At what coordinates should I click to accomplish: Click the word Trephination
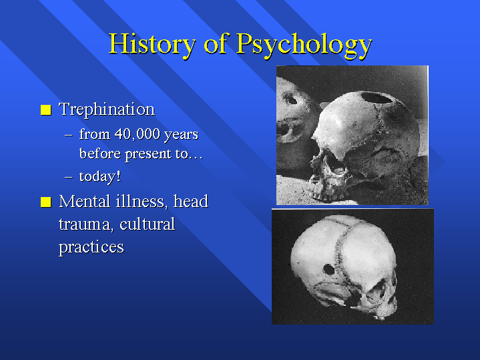pyautogui.click(x=107, y=110)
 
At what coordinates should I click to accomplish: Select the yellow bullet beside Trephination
pyautogui.click(x=46, y=110)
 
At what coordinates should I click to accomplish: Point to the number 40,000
pyautogui.click(x=138, y=134)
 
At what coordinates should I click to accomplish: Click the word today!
pyautogui.click(x=99, y=177)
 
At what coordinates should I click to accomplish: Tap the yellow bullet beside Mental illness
pyautogui.click(x=46, y=202)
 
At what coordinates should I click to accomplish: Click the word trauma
pyautogui.click(x=85, y=224)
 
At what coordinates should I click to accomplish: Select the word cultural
pyautogui.click(x=148, y=224)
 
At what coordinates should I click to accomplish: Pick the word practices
pyautogui.click(x=91, y=247)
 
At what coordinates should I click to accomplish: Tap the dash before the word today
pyautogui.click(x=69, y=177)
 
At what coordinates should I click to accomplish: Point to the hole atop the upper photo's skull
pyautogui.click(x=377, y=98)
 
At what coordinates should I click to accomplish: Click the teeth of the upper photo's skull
pyautogui.click(x=324, y=194)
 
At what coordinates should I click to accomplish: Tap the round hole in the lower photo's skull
pyautogui.click(x=328, y=270)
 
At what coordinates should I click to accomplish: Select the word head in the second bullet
pyautogui.click(x=191, y=202)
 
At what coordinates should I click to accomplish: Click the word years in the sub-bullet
pyautogui.click(x=181, y=135)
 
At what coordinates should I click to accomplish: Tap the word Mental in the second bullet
pyautogui.click(x=85, y=202)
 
